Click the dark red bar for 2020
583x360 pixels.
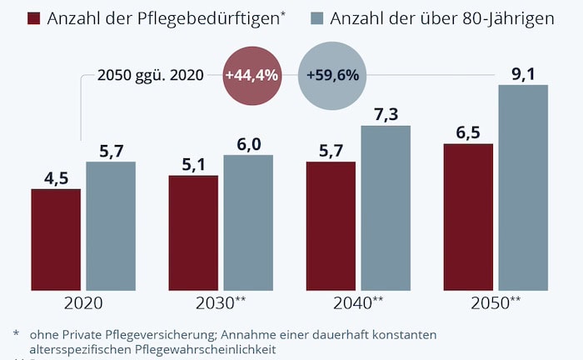(x=56, y=239)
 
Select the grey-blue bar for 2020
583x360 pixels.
(x=110, y=226)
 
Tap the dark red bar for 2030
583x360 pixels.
(x=193, y=232)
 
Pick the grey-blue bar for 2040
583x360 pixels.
(x=386, y=207)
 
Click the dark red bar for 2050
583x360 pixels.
(x=468, y=217)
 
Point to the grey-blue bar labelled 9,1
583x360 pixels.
(x=523, y=187)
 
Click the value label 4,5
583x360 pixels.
(x=56, y=177)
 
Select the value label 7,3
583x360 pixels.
(x=386, y=113)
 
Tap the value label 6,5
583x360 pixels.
(x=468, y=132)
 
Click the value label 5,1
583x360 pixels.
(x=193, y=164)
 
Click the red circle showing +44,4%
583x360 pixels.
(x=251, y=75)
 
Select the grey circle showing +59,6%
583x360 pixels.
(x=332, y=75)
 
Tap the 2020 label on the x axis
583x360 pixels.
(x=82, y=303)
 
